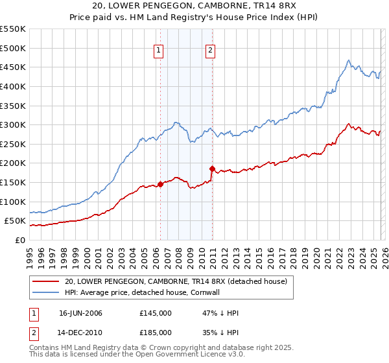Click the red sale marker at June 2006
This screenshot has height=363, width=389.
pos(160,184)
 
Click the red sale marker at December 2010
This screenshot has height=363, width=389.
pos(212,169)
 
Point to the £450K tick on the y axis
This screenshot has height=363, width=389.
pos(13,67)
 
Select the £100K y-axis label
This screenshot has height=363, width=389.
pos(13,202)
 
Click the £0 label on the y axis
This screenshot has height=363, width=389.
pos(19,240)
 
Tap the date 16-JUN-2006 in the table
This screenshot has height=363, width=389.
pos(80,313)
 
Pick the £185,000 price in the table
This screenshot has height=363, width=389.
pos(156,333)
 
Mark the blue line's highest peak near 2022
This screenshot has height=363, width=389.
pos(348,61)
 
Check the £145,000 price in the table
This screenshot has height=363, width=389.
pos(156,313)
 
